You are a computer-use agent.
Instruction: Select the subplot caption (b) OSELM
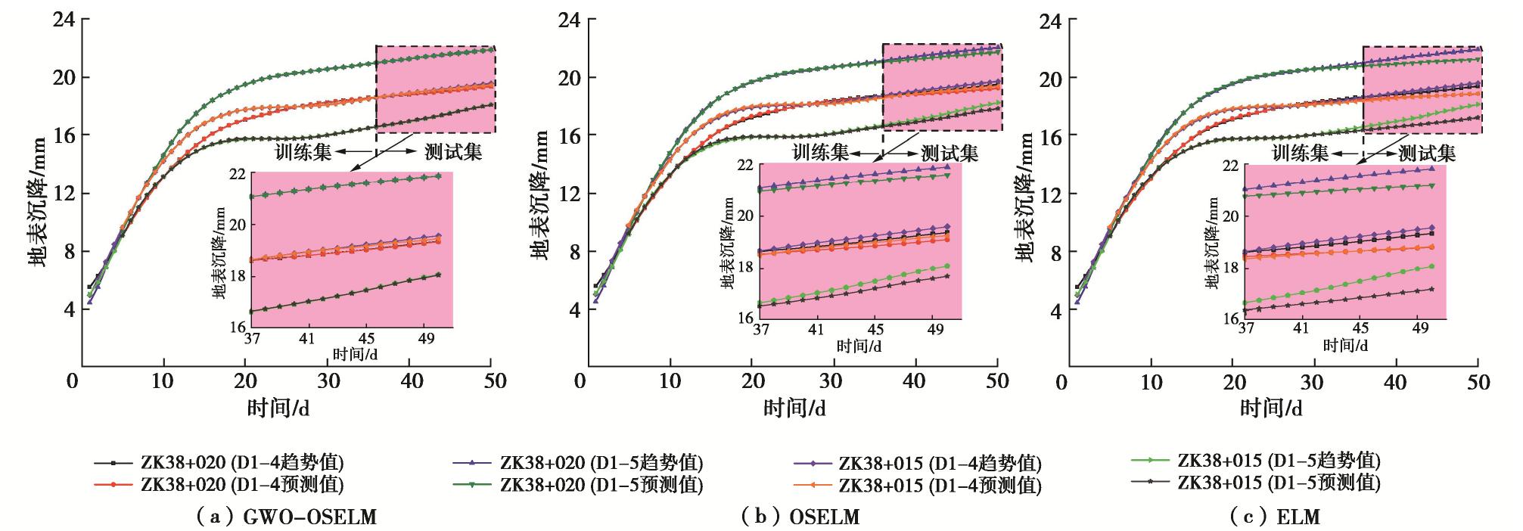tap(801, 517)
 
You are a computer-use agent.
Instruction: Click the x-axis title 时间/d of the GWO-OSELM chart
tap(278, 408)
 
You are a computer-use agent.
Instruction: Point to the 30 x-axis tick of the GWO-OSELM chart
tap(328, 380)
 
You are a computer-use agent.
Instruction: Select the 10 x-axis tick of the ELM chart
tap(1151, 381)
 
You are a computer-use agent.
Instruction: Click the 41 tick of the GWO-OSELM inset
tap(306, 338)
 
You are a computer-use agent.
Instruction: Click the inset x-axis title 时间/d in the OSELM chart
tap(859, 346)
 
